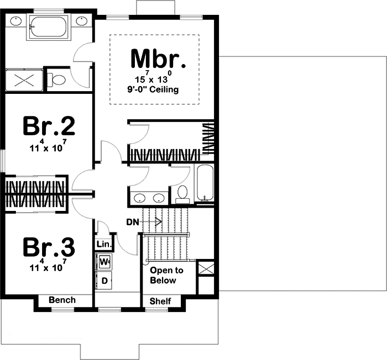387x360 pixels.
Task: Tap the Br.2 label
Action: [x=49, y=126]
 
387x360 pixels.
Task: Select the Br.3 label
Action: [x=49, y=247]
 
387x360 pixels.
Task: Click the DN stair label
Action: [x=132, y=222]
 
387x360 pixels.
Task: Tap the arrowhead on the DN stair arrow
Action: [x=159, y=222]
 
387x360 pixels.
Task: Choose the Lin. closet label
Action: [x=104, y=244]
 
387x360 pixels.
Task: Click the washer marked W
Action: [x=104, y=260]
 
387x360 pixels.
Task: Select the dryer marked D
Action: [x=104, y=280]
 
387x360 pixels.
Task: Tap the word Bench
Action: [x=62, y=300]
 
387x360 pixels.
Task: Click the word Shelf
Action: [x=161, y=301]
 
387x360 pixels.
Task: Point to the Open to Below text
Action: [x=166, y=276]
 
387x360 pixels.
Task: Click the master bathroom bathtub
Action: [x=48, y=26]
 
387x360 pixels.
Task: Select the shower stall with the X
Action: [x=23, y=78]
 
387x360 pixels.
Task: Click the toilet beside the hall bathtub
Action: [x=181, y=193]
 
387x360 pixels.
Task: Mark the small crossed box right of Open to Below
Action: [x=206, y=269]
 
